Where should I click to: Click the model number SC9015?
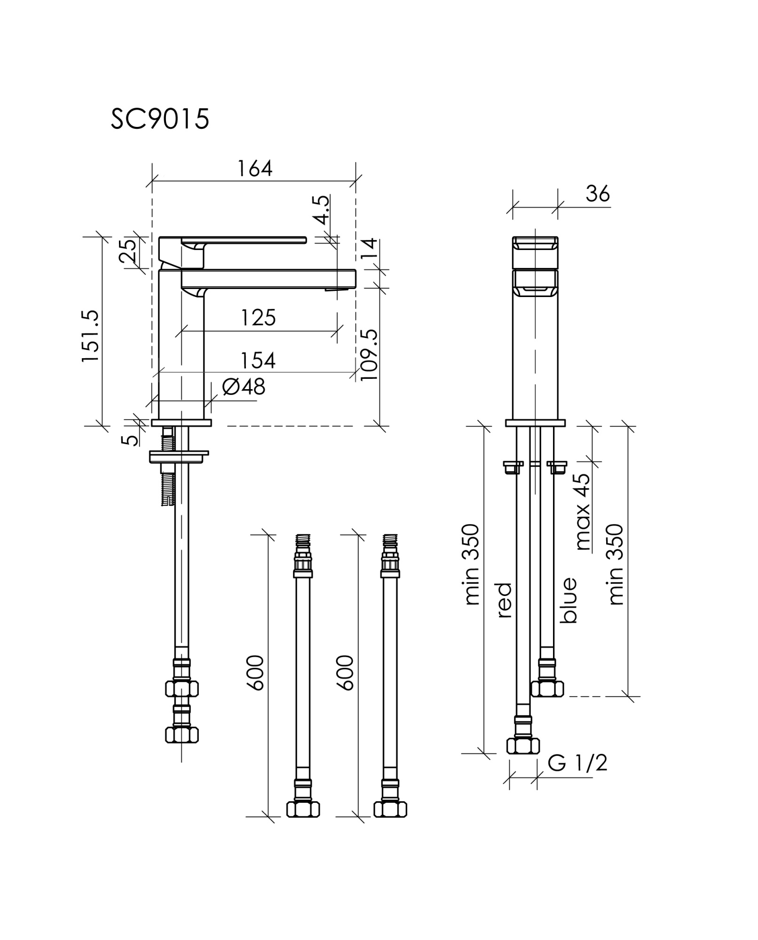[x=160, y=119]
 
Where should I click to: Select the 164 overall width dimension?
[x=254, y=169]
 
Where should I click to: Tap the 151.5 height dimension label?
[x=90, y=336]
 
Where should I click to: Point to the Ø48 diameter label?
[x=244, y=387]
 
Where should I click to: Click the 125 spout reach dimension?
[x=258, y=318]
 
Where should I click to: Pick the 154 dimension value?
[x=258, y=360]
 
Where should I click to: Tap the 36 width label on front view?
[x=598, y=194]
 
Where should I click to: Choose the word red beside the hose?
[x=504, y=600]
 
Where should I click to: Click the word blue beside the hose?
[x=568, y=600]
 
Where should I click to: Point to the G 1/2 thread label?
[x=577, y=763]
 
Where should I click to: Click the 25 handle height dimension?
[x=127, y=251]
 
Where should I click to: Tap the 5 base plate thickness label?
[x=130, y=440]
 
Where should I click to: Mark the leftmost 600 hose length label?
[x=256, y=673]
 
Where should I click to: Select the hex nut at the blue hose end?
[x=547, y=689]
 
